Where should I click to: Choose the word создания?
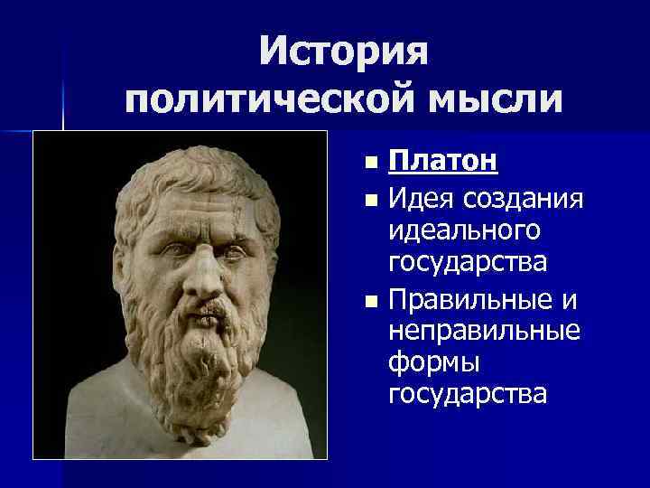click(x=528, y=197)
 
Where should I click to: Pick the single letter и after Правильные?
click(x=571, y=298)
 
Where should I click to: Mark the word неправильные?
click(x=484, y=330)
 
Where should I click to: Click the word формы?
click(x=432, y=362)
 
